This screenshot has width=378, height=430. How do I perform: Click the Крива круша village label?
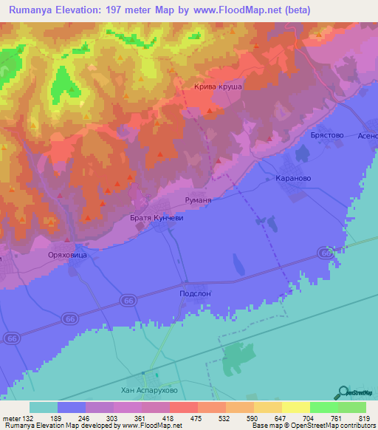(x=218, y=86)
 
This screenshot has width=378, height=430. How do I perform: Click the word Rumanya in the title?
(x=36, y=10)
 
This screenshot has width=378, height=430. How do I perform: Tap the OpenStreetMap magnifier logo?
(x=342, y=392)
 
